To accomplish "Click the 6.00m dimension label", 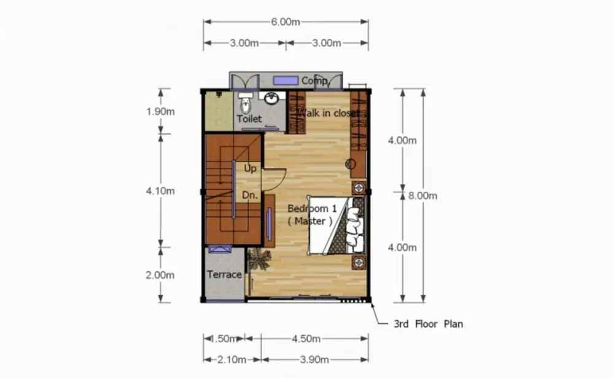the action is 286,22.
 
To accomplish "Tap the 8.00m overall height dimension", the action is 423,195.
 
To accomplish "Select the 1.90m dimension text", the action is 160,112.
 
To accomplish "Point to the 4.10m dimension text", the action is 160,191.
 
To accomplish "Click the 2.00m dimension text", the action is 160,275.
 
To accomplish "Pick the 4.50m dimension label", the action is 306,339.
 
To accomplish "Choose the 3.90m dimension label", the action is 314,360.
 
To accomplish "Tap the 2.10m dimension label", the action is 232,360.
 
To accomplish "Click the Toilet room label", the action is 249,119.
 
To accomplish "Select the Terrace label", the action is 224,275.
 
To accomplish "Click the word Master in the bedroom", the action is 310,221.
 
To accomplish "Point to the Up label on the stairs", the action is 251,168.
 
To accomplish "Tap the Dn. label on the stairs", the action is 250,195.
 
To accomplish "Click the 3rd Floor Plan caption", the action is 429,324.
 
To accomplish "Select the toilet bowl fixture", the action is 246,103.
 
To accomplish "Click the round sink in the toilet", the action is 271,98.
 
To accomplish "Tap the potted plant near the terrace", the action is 259,259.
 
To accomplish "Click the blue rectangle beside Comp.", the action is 286,81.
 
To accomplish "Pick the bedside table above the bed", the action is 359,188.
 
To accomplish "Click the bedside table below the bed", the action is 359,262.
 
